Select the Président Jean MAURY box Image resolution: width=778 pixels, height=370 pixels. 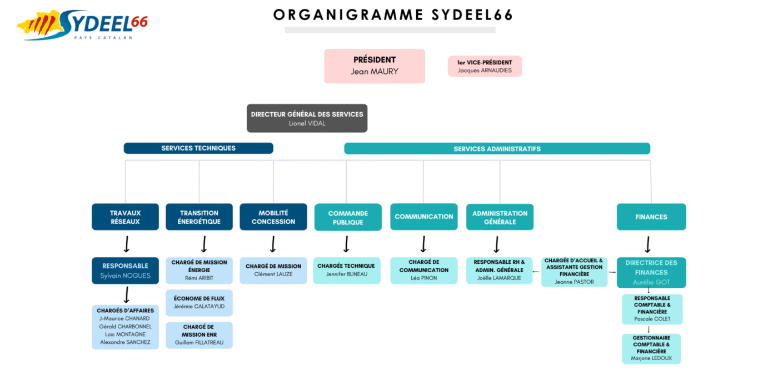[375, 66]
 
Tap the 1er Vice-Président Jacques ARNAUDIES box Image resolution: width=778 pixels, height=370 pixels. [485, 66]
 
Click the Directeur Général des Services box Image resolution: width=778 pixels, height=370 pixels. [307, 118]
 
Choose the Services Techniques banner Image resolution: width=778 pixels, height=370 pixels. [198, 148]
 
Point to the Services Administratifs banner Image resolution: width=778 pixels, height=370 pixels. [497, 148]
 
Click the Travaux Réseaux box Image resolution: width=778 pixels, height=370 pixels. [126, 217]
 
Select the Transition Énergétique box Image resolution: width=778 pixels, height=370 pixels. [199, 217]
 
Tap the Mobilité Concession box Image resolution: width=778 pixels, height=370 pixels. [273, 217]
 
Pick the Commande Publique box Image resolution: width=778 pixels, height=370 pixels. [348, 217]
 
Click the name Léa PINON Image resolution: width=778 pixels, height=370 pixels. [423, 278]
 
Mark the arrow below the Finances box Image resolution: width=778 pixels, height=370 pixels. [647, 244]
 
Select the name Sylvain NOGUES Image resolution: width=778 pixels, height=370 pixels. [126, 276]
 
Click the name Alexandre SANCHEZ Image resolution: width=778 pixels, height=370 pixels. [125, 342]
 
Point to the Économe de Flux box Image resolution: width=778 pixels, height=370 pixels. [199, 303]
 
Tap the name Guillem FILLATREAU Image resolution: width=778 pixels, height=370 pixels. [199, 342]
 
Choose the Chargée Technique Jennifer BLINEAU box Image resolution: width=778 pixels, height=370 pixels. [347, 270]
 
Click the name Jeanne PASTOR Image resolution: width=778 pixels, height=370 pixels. [574, 282]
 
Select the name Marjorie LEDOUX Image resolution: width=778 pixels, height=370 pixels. [651, 358]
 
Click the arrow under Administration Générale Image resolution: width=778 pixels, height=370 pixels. [497, 244]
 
